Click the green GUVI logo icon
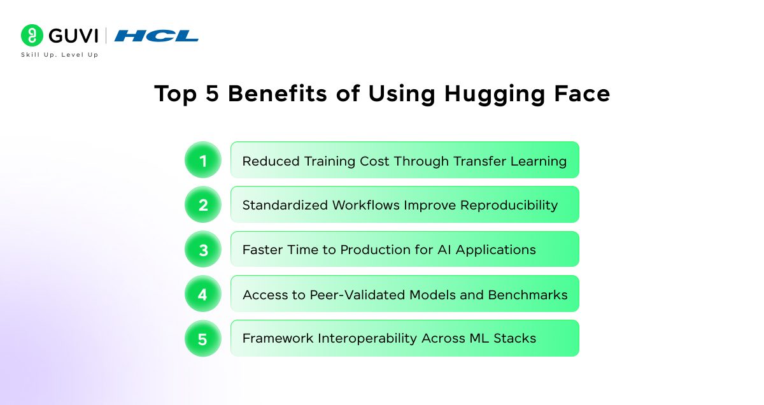tap(32, 35)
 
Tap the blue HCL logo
tap(157, 36)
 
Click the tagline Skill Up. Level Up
tap(59, 55)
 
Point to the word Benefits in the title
tap(287, 94)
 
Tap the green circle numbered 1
tap(203, 160)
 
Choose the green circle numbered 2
tap(203, 205)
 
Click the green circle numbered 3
tap(203, 250)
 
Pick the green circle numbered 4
tap(203, 294)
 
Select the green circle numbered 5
tap(203, 339)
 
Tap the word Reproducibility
tap(509, 206)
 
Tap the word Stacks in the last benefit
tap(517, 339)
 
